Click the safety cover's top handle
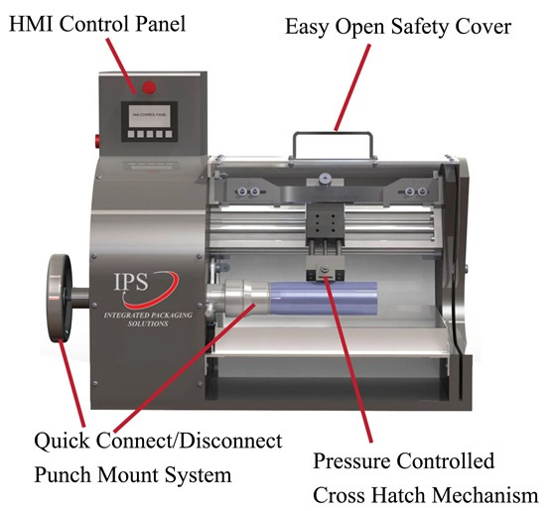pyautogui.click(x=333, y=138)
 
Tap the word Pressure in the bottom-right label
pyautogui.click(x=354, y=462)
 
